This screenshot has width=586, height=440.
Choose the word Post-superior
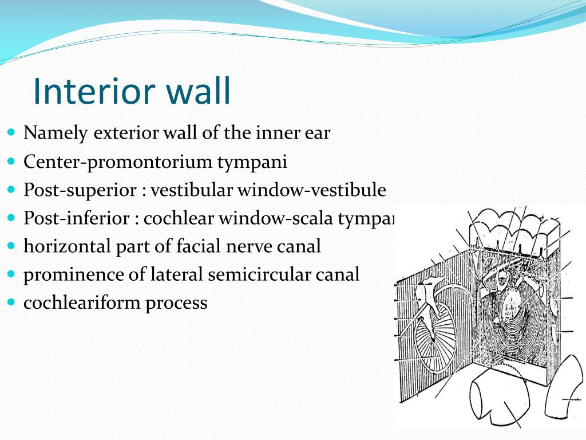pos(78,190)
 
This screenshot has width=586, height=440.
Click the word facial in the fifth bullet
pos(211,246)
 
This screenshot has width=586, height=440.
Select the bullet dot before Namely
pos(12,132)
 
